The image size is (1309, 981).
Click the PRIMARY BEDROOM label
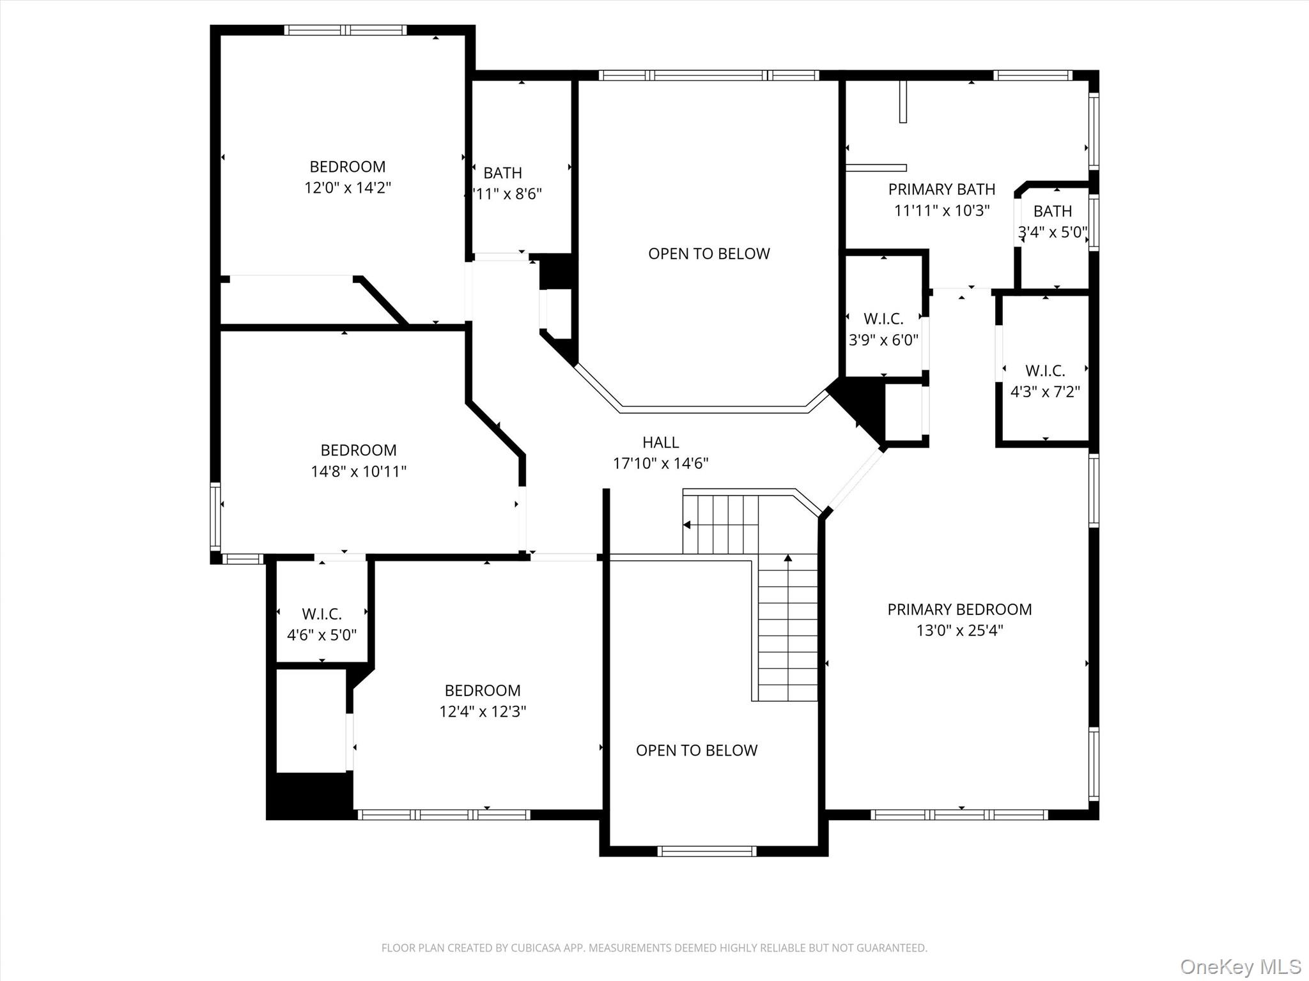[959, 609]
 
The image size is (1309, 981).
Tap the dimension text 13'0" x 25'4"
[959, 630]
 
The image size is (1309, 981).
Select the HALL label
[660, 442]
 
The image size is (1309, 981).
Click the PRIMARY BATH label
[941, 189]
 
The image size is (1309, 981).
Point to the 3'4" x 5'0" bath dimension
[1052, 232]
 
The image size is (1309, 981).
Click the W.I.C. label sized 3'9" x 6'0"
[883, 319]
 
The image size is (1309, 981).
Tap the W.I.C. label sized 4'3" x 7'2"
[1045, 370]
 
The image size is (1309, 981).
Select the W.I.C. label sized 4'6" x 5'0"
[321, 614]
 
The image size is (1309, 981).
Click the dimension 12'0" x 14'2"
[347, 188]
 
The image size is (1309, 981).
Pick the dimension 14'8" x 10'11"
[358, 471]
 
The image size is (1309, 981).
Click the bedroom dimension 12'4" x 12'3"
[482, 711]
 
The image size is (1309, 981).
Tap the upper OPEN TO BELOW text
[709, 254]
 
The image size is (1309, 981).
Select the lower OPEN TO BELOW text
[696, 750]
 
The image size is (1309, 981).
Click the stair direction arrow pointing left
[687, 525]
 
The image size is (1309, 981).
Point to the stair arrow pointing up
[788, 558]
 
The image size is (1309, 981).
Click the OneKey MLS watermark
[1240, 966]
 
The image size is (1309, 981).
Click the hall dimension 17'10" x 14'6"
[660, 463]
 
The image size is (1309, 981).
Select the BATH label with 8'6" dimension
[502, 172]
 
